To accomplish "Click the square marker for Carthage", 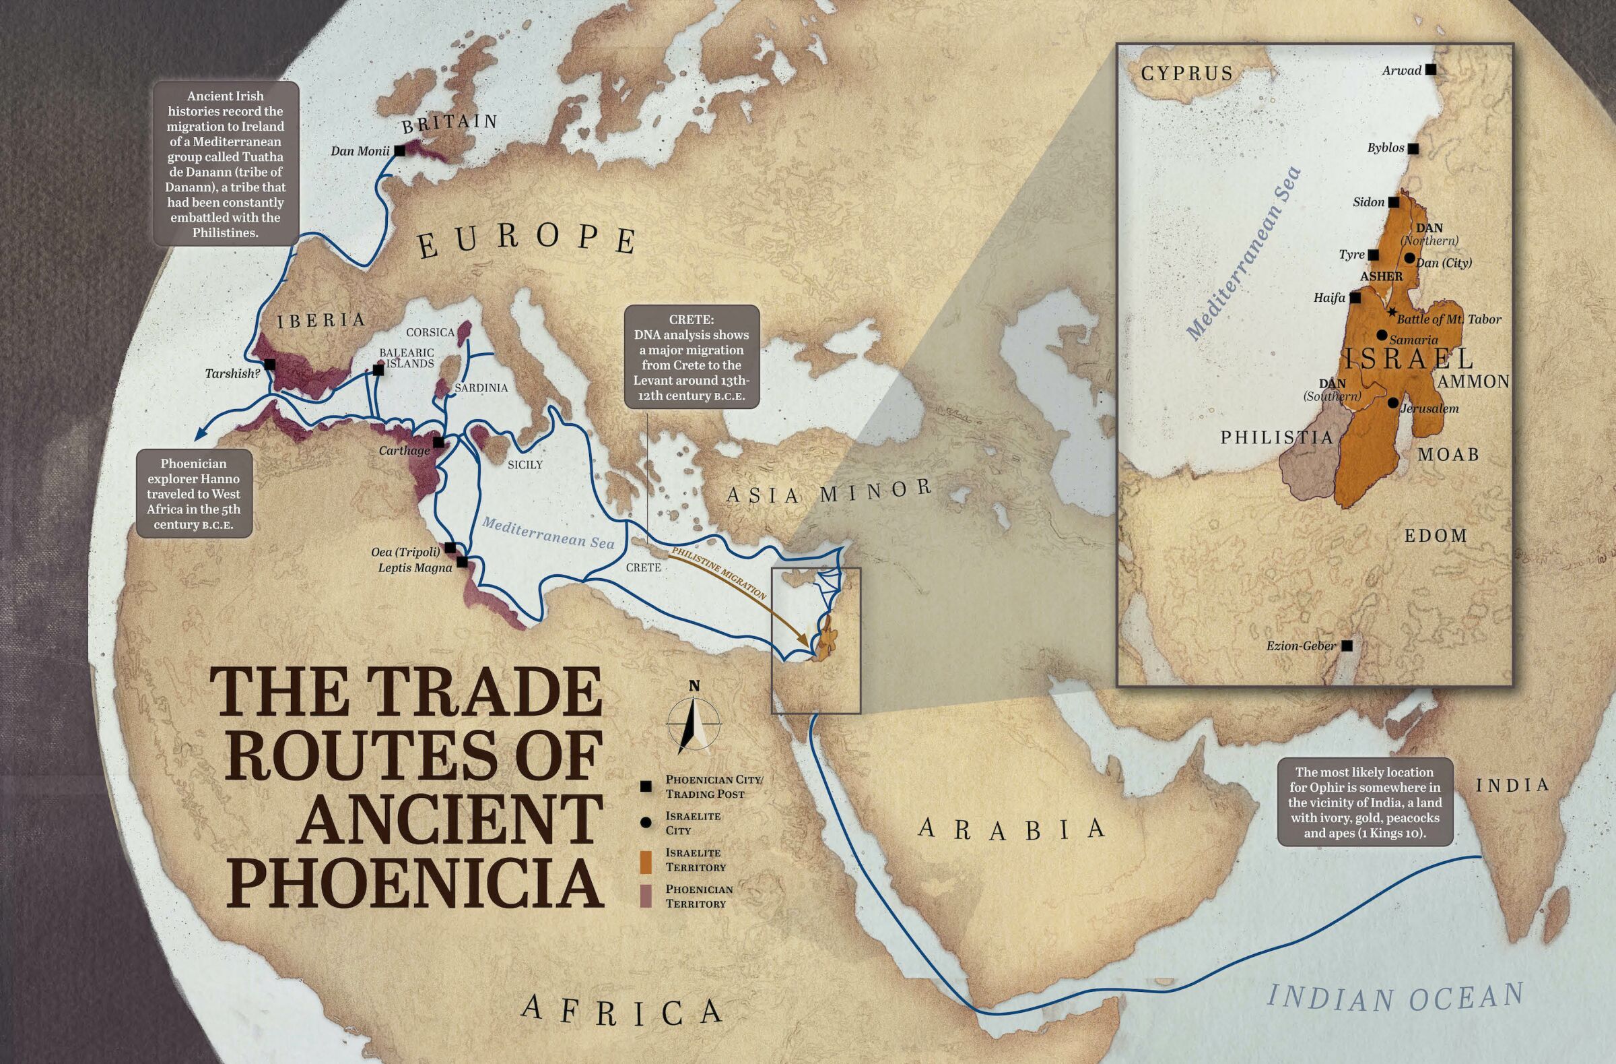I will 438,442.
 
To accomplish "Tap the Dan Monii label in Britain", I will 360,151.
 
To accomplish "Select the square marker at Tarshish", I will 269,365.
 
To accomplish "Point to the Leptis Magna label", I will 414,567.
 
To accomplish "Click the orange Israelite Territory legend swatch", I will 646,860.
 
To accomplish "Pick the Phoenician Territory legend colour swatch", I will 646,896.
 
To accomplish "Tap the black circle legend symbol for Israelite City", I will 646,823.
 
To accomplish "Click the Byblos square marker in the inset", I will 1413,148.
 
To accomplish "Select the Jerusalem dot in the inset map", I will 1392,403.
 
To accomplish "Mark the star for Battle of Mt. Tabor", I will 1392,312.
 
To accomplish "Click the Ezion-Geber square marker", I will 1347,646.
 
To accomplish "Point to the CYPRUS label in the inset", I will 1186,73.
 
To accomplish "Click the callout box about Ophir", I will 1365,802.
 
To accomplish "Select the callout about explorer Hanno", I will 193,494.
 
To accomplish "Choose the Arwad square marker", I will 1431,69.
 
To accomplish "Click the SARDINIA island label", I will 481,388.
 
